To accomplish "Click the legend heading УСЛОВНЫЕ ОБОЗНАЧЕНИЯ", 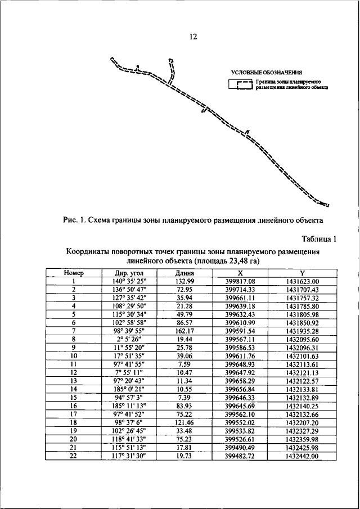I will [267, 73].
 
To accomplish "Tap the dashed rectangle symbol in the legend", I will [240, 85].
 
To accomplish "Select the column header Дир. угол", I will [129, 273].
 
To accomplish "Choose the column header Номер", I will [73, 273].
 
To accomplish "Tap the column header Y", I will [302, 273].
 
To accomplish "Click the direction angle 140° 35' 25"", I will [129, 281].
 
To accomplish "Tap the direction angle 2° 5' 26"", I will [129, 340].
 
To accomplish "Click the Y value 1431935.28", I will [302, 332].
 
